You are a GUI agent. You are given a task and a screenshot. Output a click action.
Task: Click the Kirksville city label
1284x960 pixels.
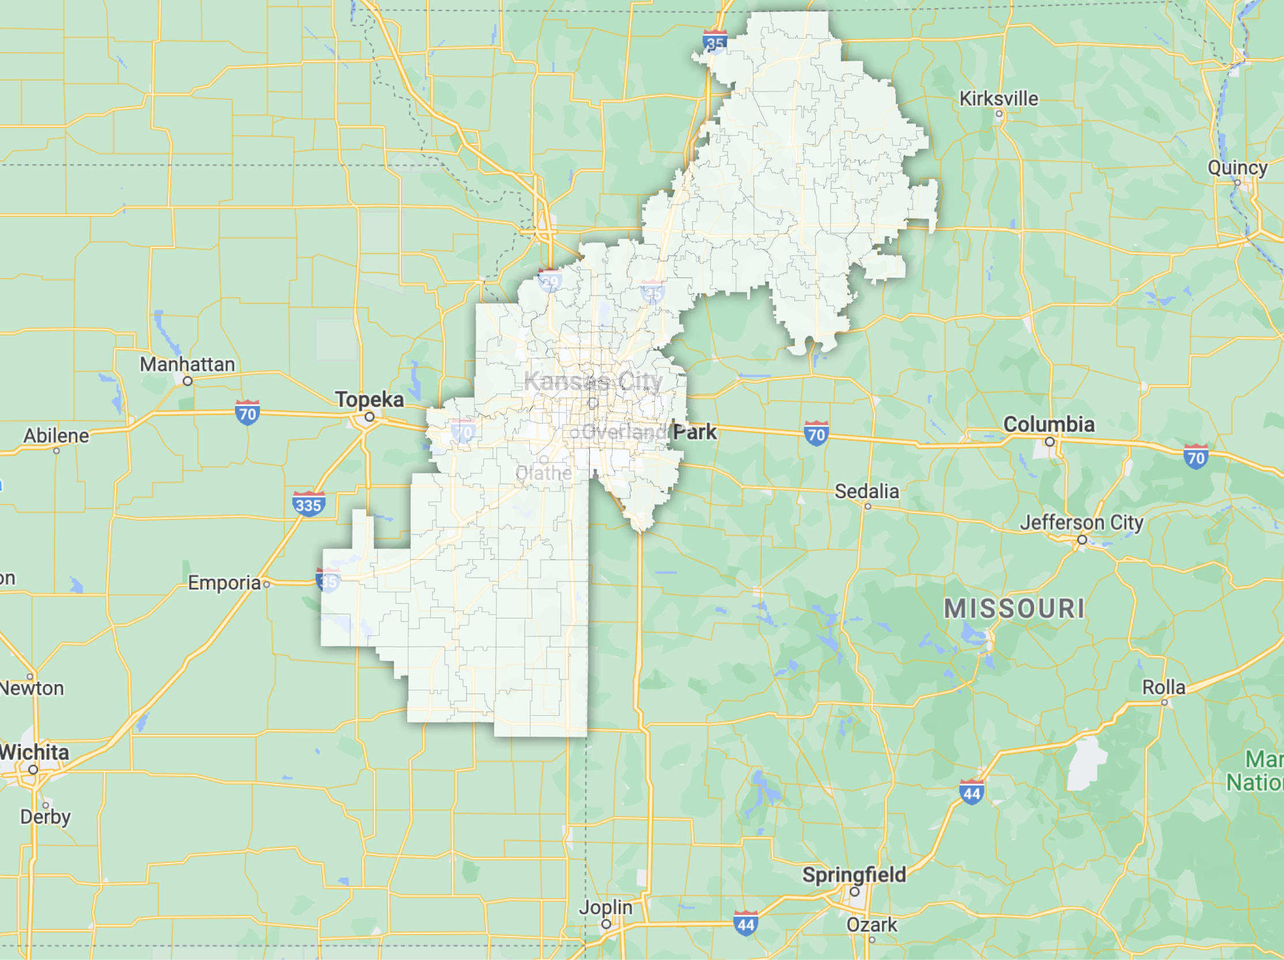[998, 98]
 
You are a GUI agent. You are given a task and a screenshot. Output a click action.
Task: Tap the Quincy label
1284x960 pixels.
[1237, 168]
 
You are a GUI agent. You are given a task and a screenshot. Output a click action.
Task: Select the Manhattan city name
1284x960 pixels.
[187, 365]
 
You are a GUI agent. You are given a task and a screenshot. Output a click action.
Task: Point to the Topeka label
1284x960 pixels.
[369, 399]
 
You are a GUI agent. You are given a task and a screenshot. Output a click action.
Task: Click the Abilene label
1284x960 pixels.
[56, 436]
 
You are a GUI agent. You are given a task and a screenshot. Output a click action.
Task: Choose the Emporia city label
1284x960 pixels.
[224, 583]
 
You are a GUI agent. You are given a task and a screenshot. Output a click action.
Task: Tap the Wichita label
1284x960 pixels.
[35, 752]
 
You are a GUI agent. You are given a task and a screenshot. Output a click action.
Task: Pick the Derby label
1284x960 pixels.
[46, 817]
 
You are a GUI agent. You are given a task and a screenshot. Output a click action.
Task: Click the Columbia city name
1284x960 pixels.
[1049, 424]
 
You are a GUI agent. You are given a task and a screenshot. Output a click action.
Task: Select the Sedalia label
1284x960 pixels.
[866, 492]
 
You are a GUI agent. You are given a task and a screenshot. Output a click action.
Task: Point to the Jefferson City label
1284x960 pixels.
[1081, 522]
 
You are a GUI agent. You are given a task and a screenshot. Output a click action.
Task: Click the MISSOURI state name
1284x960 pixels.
[1014, 609]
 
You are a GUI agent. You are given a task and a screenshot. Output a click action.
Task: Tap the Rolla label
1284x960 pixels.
[1163, 687]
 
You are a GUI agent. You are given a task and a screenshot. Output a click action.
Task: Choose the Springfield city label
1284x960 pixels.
[854, 875]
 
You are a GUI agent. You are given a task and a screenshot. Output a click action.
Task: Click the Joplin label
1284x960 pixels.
[605, 907]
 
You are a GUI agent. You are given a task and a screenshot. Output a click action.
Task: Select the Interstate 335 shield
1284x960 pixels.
[308, 504]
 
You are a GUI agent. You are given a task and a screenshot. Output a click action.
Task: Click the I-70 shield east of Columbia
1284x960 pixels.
[1196, 457]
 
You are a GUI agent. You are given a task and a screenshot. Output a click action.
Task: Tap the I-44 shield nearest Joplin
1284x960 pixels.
[745, 924]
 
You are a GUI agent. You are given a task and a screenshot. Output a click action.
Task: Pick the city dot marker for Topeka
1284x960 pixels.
[370, 417]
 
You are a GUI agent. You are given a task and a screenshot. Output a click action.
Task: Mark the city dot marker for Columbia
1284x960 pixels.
[1050, 442]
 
